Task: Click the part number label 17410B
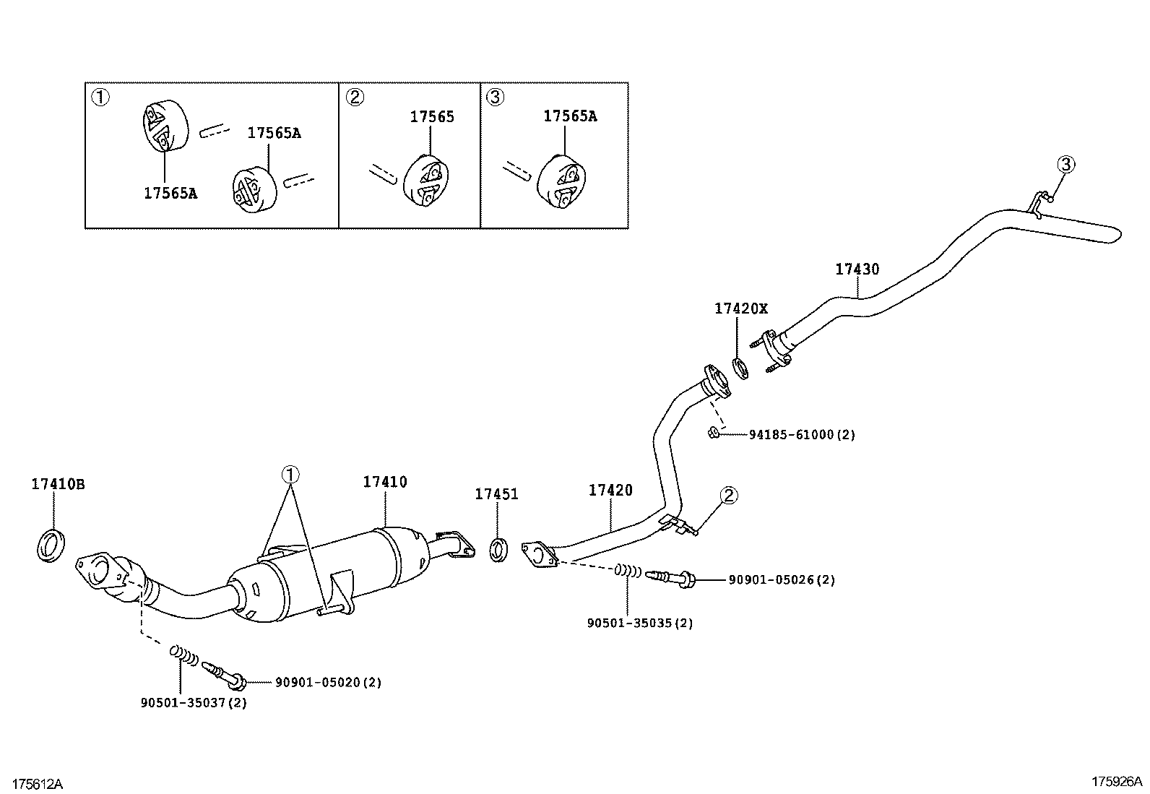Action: (58, 484)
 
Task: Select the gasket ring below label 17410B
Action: (51, 545)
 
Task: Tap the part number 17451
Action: (496, 494)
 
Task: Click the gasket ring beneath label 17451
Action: (498, 550)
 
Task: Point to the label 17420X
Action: (741, 308)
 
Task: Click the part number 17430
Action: (857, 269)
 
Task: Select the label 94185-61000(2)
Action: (802, 435)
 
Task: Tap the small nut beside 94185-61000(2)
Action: (712, 433)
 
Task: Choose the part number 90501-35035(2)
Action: (640, 623)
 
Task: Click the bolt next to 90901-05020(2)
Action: (225, 675)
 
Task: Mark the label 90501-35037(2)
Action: (194, 702)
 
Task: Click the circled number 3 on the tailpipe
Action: (1065, 165)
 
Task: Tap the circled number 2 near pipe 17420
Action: (729, 496)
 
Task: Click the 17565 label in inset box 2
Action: (432, 117)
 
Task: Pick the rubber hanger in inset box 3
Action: (562, 181)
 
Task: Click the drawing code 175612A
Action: (38, 784)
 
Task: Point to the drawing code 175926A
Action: (1116, 782)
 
